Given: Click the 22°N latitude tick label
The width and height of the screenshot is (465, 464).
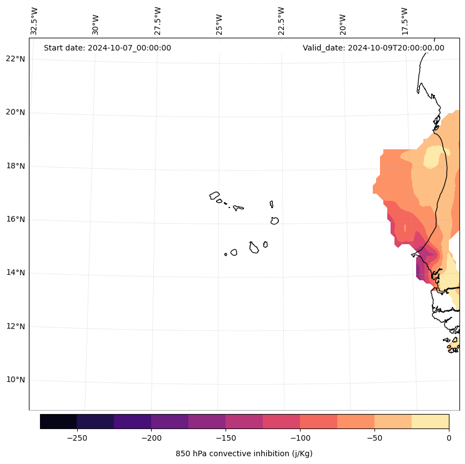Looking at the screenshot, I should tap(15, 59).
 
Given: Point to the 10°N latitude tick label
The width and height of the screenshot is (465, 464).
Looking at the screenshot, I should tap(15, 380).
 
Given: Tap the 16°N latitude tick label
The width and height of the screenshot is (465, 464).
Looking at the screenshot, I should tap(15, 220).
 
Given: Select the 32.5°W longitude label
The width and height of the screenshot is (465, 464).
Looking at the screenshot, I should tap(34, 21).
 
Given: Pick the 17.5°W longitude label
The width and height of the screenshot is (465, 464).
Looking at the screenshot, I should tap(404, 21).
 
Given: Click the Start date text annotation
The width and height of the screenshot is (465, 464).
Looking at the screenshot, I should tap(107, 48).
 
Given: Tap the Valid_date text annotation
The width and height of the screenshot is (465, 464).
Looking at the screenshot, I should tap(373, 48).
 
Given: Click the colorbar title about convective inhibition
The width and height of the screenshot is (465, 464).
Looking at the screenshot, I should tap(244, 453).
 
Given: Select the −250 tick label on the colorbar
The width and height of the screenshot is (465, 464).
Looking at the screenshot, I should tap(77, 437).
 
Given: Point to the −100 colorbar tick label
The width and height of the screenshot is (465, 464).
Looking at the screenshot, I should tap(300, 437).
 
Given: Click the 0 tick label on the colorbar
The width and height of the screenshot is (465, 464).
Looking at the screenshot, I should tap(449, 437).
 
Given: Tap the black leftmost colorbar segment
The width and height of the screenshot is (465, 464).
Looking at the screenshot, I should tap(58, 421).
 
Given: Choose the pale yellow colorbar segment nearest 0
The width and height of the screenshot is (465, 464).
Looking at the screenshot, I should tap(430, 421).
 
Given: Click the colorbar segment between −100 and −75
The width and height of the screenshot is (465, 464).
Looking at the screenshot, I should tap(318, 421).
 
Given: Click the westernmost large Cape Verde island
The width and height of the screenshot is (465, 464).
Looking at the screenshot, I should tap(214, 195).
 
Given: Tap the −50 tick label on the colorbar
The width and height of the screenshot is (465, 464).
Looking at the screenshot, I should tap(374, 437).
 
